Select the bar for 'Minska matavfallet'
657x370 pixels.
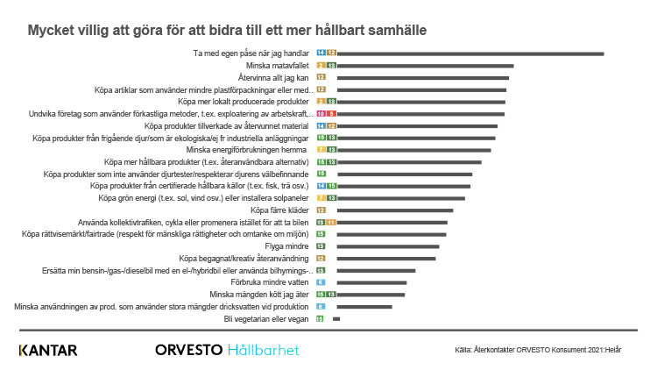click(x=425, y=66)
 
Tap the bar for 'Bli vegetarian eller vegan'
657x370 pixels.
click(x=336, y=319)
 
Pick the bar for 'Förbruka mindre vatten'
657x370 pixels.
click(x=372, y=283)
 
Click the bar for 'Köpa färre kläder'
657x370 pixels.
click(x=395, y=210)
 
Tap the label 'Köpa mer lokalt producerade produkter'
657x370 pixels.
click(x=237, y=102)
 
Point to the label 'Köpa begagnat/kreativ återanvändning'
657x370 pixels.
click(x=245, y=259)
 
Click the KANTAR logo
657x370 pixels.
click(x=48, y=351)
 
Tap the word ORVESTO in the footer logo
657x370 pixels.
click(x=187, y=351)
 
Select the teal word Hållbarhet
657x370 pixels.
click(x=263, y=351)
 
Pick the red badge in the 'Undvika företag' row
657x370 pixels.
click(x=321, y=114)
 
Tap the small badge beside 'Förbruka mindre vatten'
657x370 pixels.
click(x=321, y=283)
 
